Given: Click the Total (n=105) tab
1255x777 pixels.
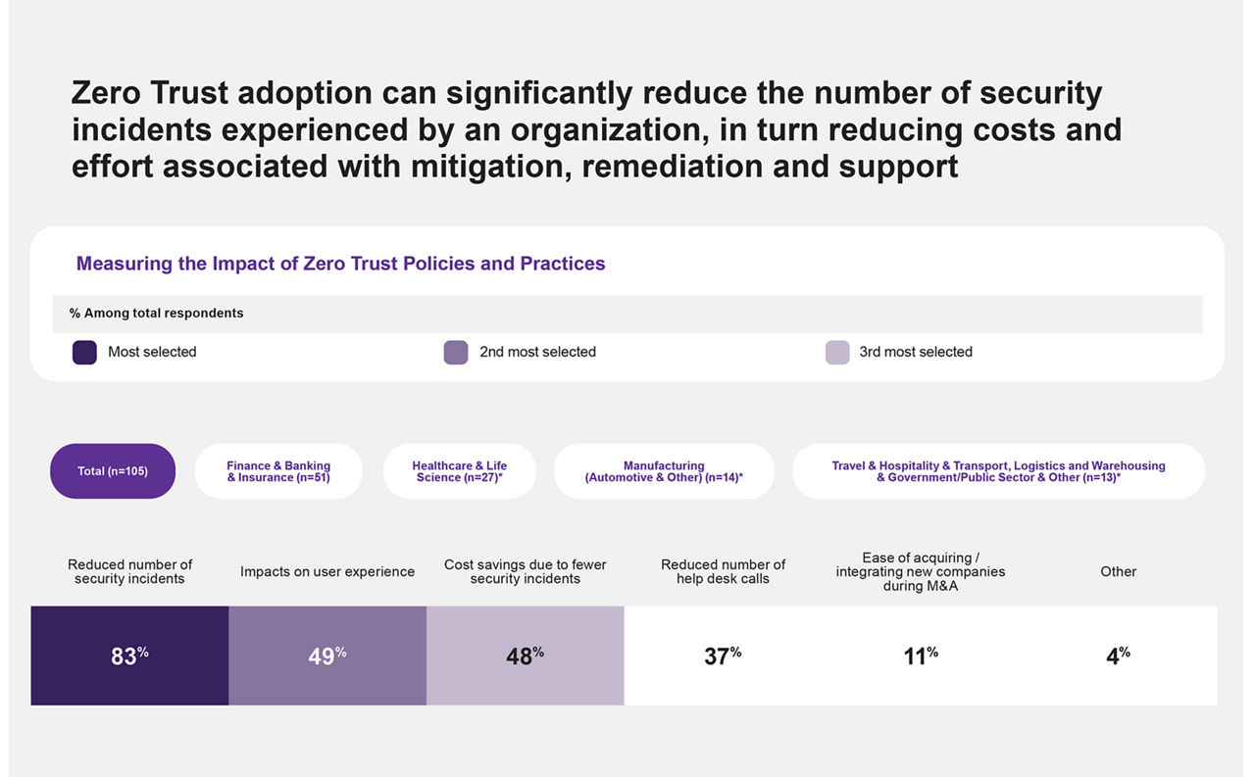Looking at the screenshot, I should (113, 471).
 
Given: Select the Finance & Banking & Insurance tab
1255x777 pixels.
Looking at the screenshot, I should (278, 471).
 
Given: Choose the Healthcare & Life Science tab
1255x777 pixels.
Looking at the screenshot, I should (459, 471).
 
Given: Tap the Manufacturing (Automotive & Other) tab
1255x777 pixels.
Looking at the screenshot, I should (664, 471).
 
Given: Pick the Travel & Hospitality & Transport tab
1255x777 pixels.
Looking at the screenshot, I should (998, 471).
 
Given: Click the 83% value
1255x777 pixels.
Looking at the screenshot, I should (129, 656).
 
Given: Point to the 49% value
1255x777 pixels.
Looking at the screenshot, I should (327, 656).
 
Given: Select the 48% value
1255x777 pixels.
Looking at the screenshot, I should (525, 656).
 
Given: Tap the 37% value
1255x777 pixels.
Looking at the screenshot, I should (723, 656).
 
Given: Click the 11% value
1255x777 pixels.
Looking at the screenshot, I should (921, 656).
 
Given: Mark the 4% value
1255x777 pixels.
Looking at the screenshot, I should (1118, 656).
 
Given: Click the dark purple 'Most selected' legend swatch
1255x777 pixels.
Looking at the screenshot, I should (84, 353).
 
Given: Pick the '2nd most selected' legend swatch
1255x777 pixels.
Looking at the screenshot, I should (456, 353).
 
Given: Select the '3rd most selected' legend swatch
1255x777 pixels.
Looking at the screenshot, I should (837, 353).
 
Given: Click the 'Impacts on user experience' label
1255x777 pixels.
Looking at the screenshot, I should (327, 572).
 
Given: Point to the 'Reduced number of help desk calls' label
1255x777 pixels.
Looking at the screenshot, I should (723, 572).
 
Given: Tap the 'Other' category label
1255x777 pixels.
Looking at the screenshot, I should (1118, 572).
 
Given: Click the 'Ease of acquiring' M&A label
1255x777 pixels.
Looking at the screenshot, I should (921, 572).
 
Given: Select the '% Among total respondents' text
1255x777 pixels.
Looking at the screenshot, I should (157, 314).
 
